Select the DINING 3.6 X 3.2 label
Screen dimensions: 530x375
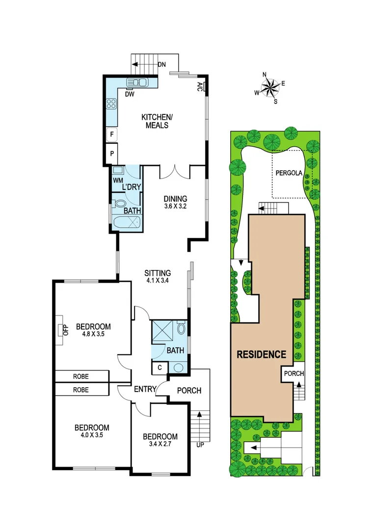point(175,203)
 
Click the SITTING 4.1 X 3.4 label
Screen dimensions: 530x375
point(158,277)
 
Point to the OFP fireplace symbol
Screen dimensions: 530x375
point(63,329)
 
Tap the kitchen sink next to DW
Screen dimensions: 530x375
point(135,82)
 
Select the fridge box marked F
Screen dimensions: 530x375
point(112,133)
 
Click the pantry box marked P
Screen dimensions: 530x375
point(112,153)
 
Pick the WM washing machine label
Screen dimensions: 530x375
point(117,181)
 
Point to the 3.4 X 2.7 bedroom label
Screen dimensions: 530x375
point(160,441)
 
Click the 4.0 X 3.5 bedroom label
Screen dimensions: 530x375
point(91,431)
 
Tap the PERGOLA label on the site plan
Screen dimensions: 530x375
point(289,173)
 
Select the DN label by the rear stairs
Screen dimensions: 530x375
point(161,65)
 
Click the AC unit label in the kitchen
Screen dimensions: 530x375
point(200,87)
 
